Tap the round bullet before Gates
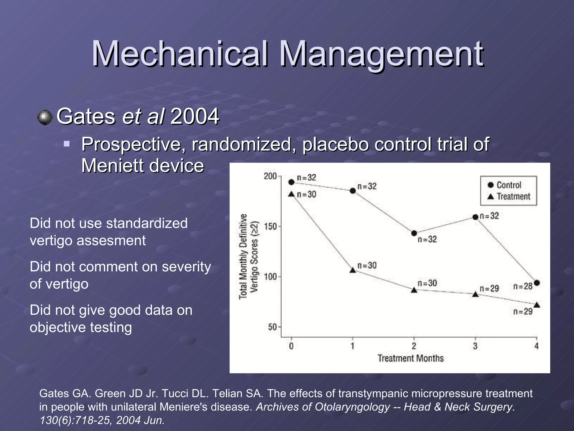pos(45,117)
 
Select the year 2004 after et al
pos(195,116)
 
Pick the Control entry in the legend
pos(509,185)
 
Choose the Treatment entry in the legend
pos(513,196)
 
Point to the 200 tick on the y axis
pos(270,176)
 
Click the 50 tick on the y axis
pos(272,327)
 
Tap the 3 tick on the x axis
pos(475,346)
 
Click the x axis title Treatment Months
pos(411,358)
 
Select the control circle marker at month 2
pos(414,233)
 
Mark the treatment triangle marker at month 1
pos(353,270)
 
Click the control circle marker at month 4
pos(537,283)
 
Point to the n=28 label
pos(523,286)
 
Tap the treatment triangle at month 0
pos(291,194)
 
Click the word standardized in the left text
pos(147,223)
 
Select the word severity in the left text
pos(186,267)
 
